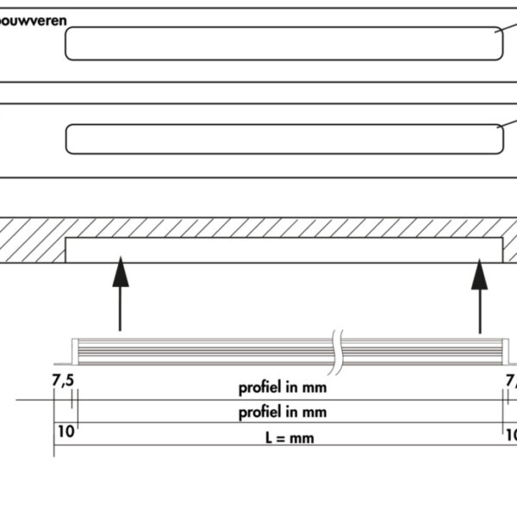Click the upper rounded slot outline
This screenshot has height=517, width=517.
[x=284, y=43]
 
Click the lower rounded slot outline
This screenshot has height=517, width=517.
[x=284, y=139]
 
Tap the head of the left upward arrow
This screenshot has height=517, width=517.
[x=120, y=268]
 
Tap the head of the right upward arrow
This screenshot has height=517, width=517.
[x=479, y=268]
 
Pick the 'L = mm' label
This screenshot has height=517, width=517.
[x=289, y=438]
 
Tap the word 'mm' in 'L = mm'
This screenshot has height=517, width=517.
[x=302, y=438]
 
